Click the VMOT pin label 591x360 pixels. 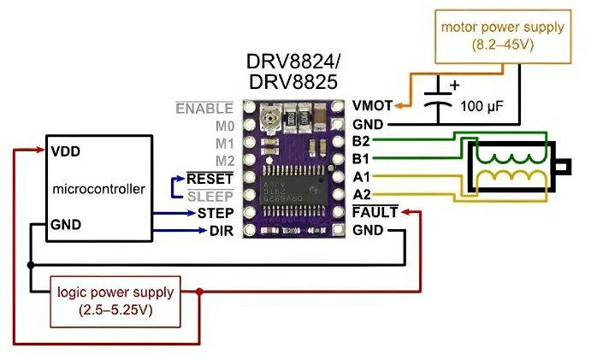click(372, 106)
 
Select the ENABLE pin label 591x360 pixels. click(204, 109)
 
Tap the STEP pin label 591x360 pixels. click(215, 212)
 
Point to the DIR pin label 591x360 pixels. click(221, 230)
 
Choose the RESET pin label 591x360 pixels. click(210, 178)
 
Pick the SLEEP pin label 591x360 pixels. click(210, 195)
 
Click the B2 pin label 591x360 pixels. click(361, 141)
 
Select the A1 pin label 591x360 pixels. click(361, 176)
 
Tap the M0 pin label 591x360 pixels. click(223, 126)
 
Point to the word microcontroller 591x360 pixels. click(99, 188)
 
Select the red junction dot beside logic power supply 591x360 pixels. click(199, 292)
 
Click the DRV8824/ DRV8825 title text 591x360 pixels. click(293, 72)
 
